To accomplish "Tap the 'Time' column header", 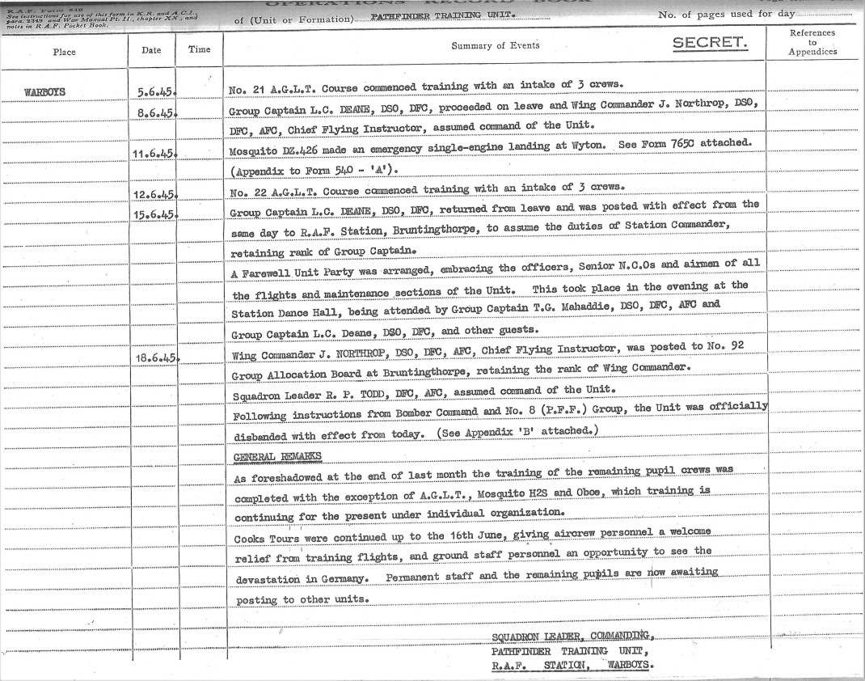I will (199, 50).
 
